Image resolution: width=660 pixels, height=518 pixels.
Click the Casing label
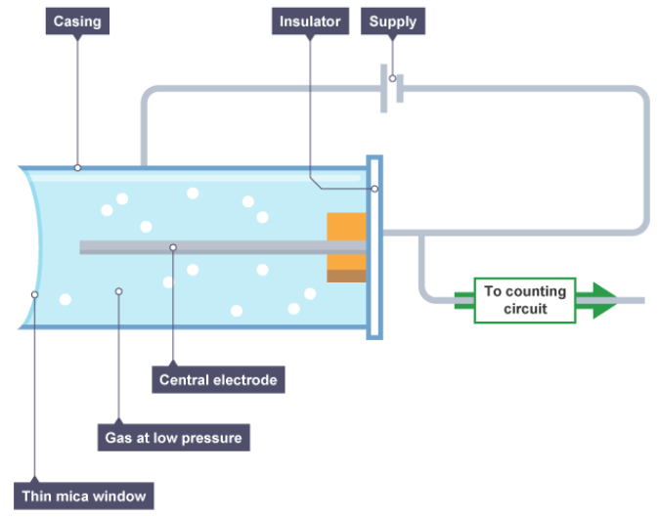(77, 22)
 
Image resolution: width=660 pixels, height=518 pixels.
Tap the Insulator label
(310, 22)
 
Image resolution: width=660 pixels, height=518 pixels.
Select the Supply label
(393, 22)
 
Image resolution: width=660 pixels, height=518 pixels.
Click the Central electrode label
(218, 379)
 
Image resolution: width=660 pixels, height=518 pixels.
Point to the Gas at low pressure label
(173, 437)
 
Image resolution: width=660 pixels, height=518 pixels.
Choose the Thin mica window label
(84, 496)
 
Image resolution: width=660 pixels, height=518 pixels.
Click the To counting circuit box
(526, 300)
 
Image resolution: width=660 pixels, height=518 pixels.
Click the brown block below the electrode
(346, 276)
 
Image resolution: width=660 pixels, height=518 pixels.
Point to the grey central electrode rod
(215, 247)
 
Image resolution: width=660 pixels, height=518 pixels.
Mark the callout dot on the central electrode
(173, 247)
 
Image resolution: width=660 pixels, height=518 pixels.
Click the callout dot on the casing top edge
(77, 167)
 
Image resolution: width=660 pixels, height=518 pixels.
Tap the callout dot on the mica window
(35, 293)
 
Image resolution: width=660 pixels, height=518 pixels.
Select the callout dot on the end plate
(374, 189)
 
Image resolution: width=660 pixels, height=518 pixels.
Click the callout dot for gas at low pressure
(119, 290)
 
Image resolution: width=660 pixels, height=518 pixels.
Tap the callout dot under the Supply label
(393, 78)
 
